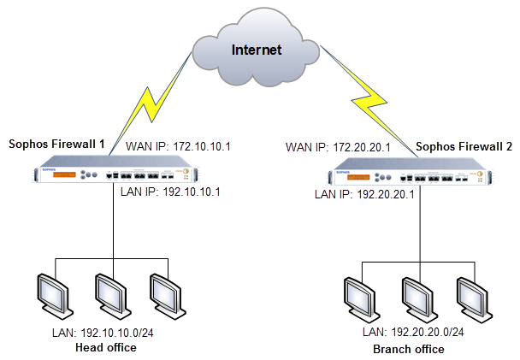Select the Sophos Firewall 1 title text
click(56, 145)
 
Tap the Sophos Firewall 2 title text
click(464, 147)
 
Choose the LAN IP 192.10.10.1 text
click(171, 192)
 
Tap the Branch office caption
click(409, 350)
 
